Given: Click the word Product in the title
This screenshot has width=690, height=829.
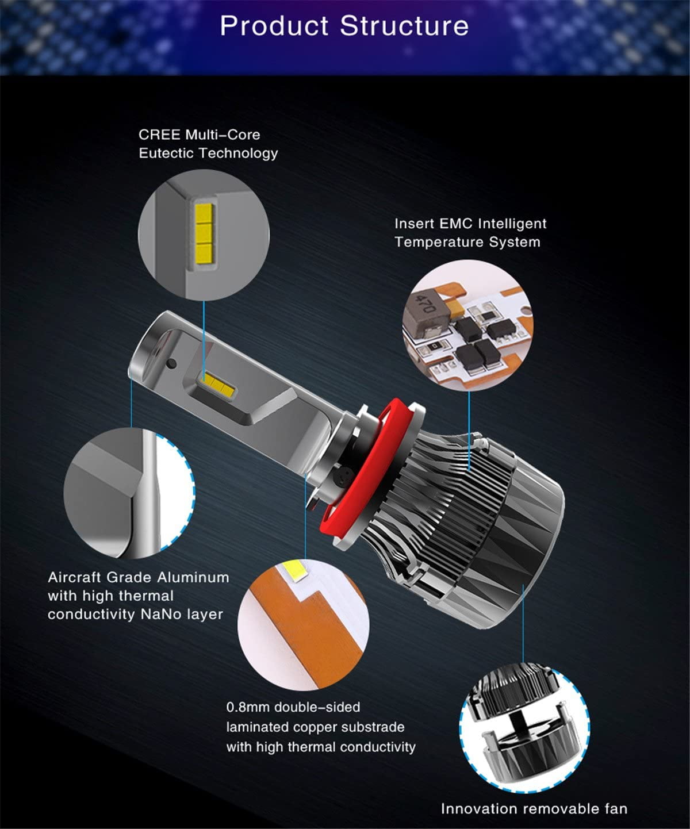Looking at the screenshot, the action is coord(274,26).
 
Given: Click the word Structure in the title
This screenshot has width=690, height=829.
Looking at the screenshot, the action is coord(404,26).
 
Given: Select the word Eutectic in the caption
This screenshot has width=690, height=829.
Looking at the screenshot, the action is coord(166,153).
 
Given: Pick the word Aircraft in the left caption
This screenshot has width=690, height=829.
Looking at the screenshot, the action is coord(74,577).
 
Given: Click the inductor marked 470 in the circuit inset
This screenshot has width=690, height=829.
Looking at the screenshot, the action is coord(427,316).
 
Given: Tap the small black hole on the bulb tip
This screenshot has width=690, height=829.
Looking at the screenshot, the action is coord(172,363).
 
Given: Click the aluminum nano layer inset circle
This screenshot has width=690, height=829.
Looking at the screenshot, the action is coord(129,493).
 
